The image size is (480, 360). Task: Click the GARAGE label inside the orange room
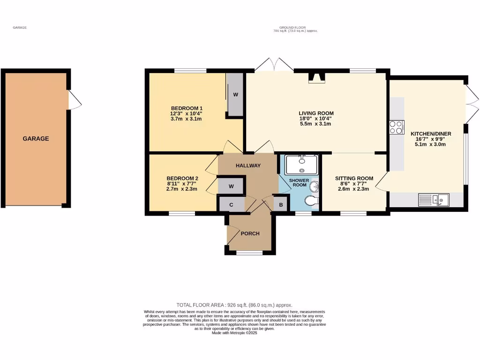click(x=36, y=139)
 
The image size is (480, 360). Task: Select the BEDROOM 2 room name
click(x=182, y=178)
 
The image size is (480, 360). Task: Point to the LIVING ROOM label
click(x=316, y=113)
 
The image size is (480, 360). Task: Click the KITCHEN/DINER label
click(x=431, y=134)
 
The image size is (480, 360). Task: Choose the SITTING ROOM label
click(x=354, y=178)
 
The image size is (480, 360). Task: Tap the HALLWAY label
click(x=248, y=165)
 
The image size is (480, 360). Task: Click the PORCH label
click(x=250, y=233)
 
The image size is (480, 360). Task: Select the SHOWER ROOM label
click(x=299, y=182)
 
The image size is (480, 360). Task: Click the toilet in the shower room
click(x=311, y=201)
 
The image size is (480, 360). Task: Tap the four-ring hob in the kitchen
click(x=396, y=127)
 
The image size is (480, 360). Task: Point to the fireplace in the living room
click(x=316, y=78)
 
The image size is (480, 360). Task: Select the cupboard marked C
click(x=231, y=204)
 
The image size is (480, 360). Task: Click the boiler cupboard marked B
click(x=281, y=204)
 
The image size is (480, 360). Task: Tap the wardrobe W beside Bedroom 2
click(x=231, y=186)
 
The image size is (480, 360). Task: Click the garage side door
click(x=74, y=100)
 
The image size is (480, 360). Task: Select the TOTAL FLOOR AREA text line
click(x=234, y=305)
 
